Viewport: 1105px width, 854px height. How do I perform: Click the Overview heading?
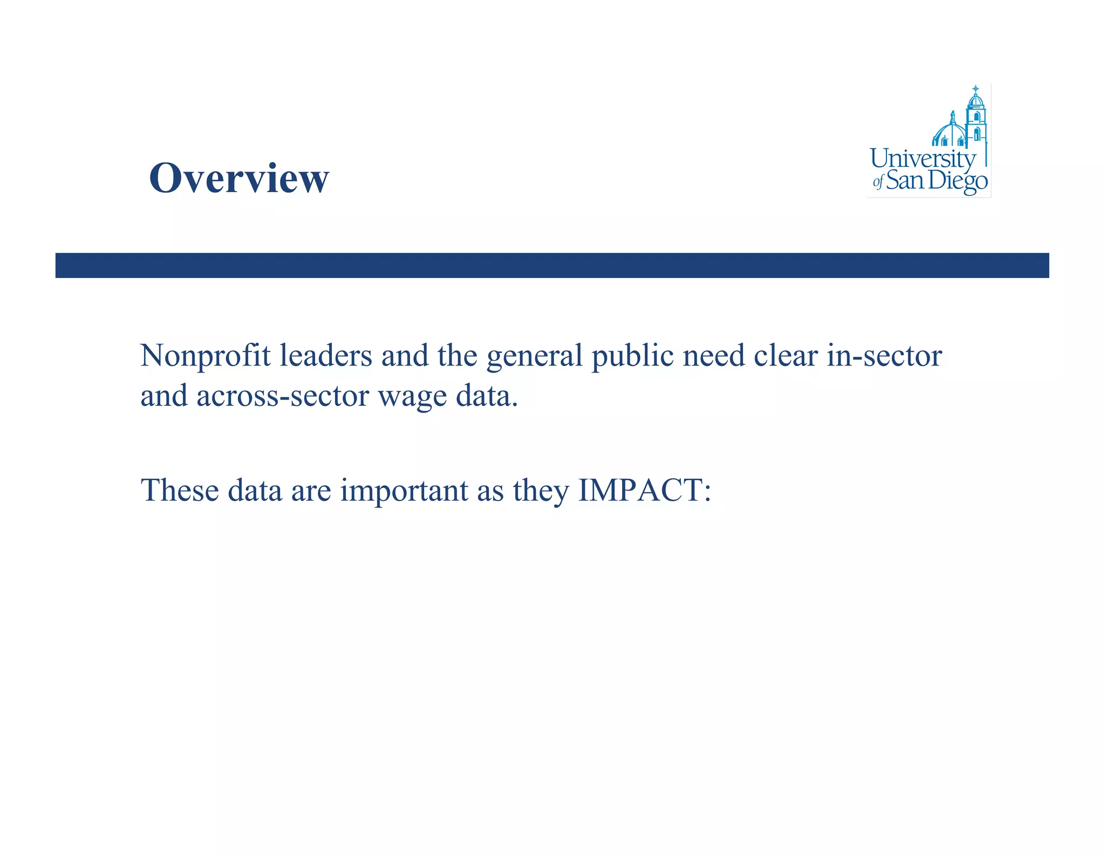click(238, 178)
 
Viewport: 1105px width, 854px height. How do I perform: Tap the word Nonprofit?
click(205, 357)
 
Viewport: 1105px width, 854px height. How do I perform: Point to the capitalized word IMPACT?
click(644, 490)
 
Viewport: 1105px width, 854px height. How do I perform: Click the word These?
click(180, 490)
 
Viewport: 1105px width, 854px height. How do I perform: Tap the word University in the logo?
click(922, 159)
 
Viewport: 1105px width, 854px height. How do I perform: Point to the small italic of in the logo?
click(878, 182)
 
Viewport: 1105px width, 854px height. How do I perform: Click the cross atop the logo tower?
click(976, 88)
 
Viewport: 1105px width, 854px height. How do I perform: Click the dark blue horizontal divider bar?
click(552, 265)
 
